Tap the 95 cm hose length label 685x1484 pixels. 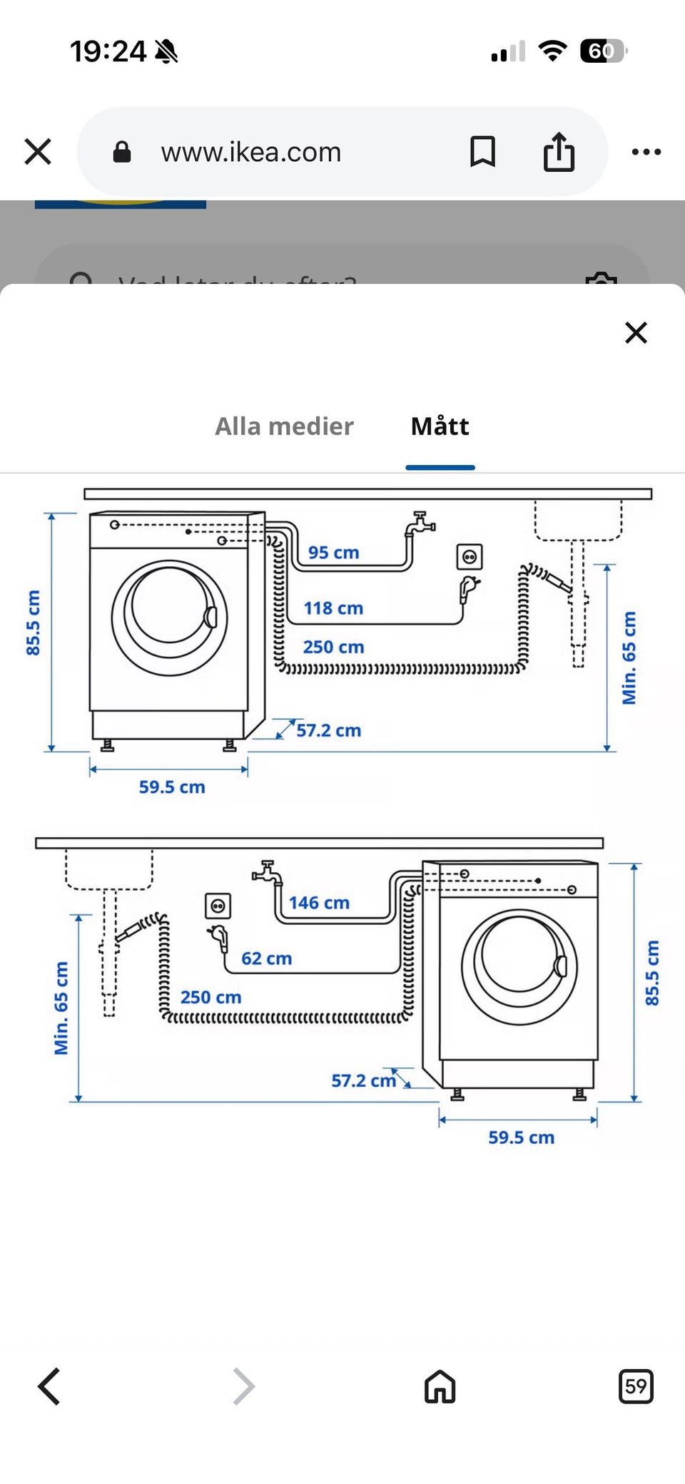point(333,553)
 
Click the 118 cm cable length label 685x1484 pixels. point(333,608)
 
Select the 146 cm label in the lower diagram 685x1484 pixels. point(319,903)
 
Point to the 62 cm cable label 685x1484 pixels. point(266,958)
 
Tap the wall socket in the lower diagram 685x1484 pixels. point(218,906)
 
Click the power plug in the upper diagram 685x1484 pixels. point(469,589)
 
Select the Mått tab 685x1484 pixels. point(440,426)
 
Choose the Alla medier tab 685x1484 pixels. point(284,426)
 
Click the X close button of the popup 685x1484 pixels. point(636,332)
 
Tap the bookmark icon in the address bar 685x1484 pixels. point(482,152)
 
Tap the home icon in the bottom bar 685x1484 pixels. point(440,1386)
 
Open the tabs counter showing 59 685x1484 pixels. point(635,1386)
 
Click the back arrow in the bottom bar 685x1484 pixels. point(49,1386)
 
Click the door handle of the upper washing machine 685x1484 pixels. point(211,617)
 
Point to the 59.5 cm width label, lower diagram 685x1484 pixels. point(521,1137)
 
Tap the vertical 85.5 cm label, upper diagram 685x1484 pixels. point(33,623)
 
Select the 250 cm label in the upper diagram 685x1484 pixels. point(333,647)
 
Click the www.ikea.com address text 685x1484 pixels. point(251,152)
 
